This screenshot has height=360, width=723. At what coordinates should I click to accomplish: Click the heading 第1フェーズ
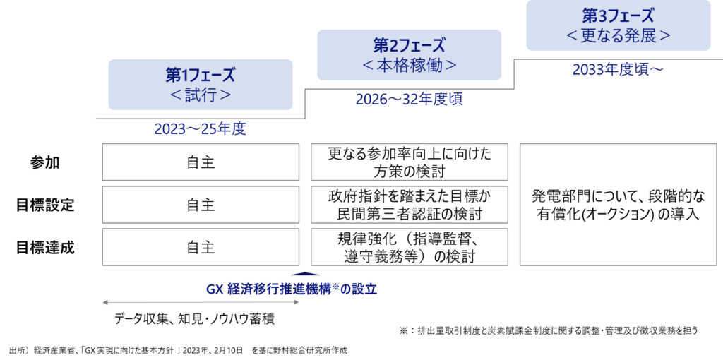tap(201, 75)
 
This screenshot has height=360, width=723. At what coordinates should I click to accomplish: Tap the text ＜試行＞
tap(201, 95)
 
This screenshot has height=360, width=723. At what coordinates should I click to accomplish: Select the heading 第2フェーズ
tap(410, 46)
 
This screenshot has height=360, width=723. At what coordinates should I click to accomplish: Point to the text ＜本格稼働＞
tap(410, 66)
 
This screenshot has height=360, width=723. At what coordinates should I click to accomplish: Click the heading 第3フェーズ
tap(619, 16)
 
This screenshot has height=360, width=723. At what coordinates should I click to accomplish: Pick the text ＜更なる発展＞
tap(619, 35)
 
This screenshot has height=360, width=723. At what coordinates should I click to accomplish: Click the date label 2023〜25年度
tap(201, 130)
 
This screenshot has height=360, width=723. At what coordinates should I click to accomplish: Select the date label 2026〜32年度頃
tap(410, 100)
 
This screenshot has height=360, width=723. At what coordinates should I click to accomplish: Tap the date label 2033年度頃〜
tap(619, 70)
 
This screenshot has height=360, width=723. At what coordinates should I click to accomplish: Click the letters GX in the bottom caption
tap(215, 289)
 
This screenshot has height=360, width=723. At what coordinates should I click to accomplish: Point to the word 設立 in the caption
tap(365, 289)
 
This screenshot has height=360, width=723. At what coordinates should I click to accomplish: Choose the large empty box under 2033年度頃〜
tap(619, 205)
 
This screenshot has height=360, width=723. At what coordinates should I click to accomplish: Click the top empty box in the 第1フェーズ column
tap(201, 162)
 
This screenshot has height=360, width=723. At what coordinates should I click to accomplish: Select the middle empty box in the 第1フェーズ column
tap(201, 205)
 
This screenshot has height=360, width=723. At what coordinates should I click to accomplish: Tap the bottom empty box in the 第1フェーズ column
tap(201, 247)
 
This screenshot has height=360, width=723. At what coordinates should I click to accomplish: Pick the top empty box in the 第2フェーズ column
tap(410, 162)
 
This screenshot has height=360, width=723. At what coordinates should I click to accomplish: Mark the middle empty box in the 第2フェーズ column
tap(410, 205)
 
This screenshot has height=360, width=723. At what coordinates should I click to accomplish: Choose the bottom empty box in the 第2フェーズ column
tap(410, 247)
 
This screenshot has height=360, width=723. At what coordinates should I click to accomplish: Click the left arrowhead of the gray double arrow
tap(104, 302)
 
